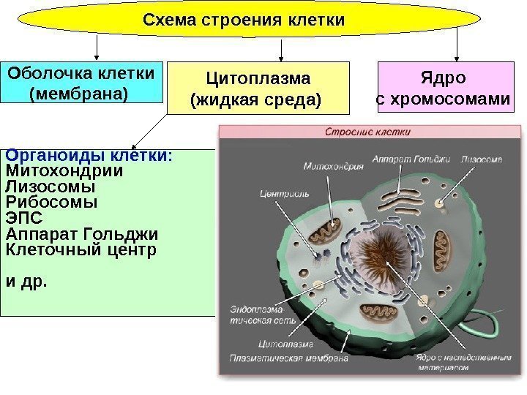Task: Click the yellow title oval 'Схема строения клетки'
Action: point(244,20)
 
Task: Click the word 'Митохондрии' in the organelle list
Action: point(64,170)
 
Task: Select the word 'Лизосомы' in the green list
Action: point(51,187)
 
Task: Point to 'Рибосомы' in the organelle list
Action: point(51,202)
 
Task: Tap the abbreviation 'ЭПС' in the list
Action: point(23,218)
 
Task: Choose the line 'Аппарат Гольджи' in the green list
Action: point(81,234)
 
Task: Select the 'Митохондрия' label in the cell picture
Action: point(337,165)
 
